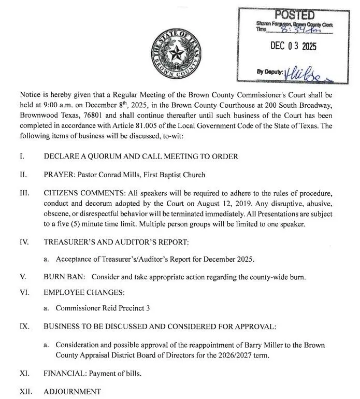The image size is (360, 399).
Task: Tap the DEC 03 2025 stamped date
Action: [293, 46]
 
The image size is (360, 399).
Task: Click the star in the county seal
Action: [179, 53]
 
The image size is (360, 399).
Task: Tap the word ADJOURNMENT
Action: [73, 391]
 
